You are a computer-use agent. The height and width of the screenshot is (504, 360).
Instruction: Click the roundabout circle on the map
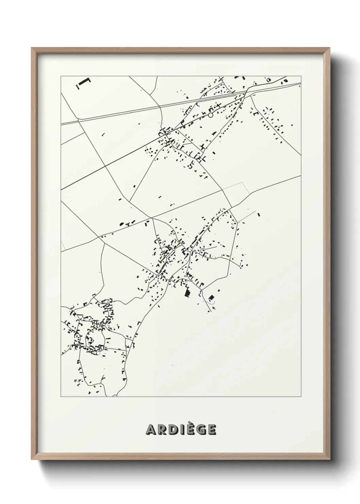point(211,115)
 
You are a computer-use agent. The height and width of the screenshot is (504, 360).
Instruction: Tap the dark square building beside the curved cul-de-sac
point(211,298)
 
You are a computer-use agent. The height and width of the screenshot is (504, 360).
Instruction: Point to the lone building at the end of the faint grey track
point(259,215)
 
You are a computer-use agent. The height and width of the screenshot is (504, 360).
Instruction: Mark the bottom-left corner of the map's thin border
point(61,396)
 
